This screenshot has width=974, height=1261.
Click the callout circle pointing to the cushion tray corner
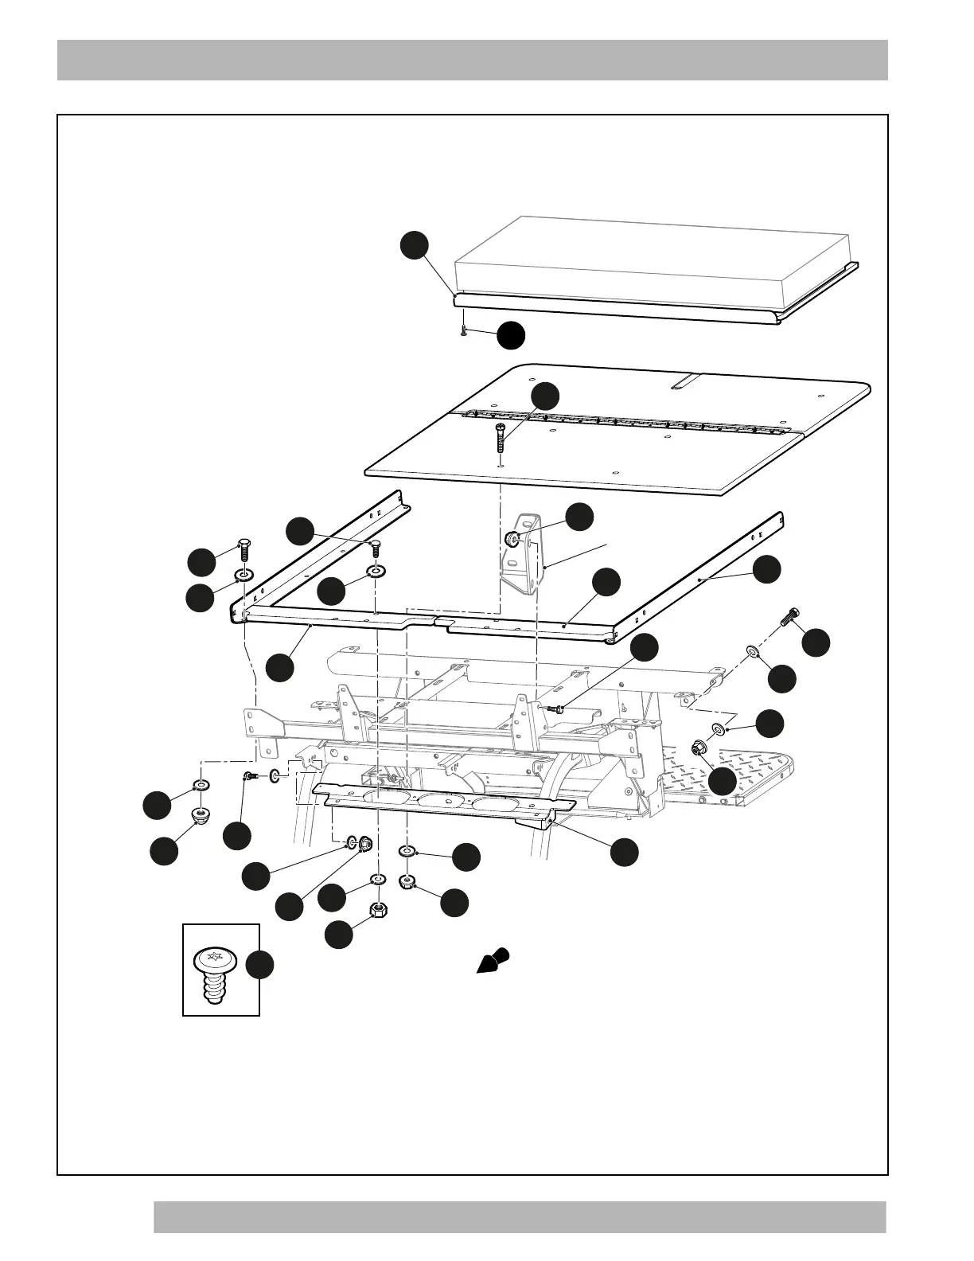(414, 245)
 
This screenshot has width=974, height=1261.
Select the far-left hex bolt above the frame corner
(244, 550)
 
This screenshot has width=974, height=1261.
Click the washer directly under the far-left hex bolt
(243, 575)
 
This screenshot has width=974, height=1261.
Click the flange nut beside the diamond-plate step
(699, 748)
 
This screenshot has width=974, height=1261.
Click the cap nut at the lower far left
(201, 815)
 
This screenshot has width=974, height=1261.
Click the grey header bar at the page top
(472, 60)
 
